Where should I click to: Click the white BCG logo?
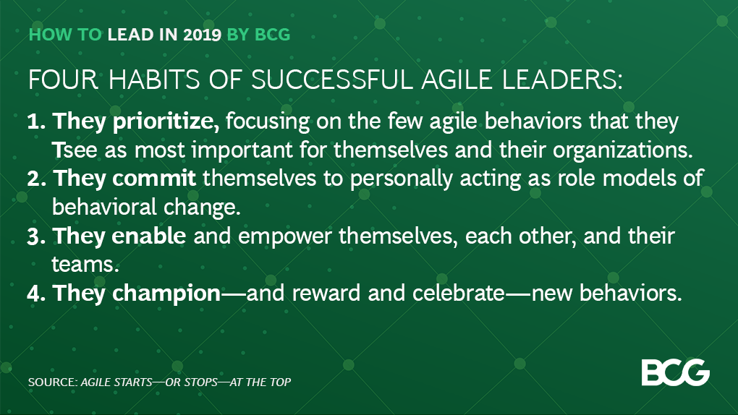675,372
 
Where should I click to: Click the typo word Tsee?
69,150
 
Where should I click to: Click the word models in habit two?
638,179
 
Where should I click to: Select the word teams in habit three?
85,265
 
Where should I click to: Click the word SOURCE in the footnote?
51,381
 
